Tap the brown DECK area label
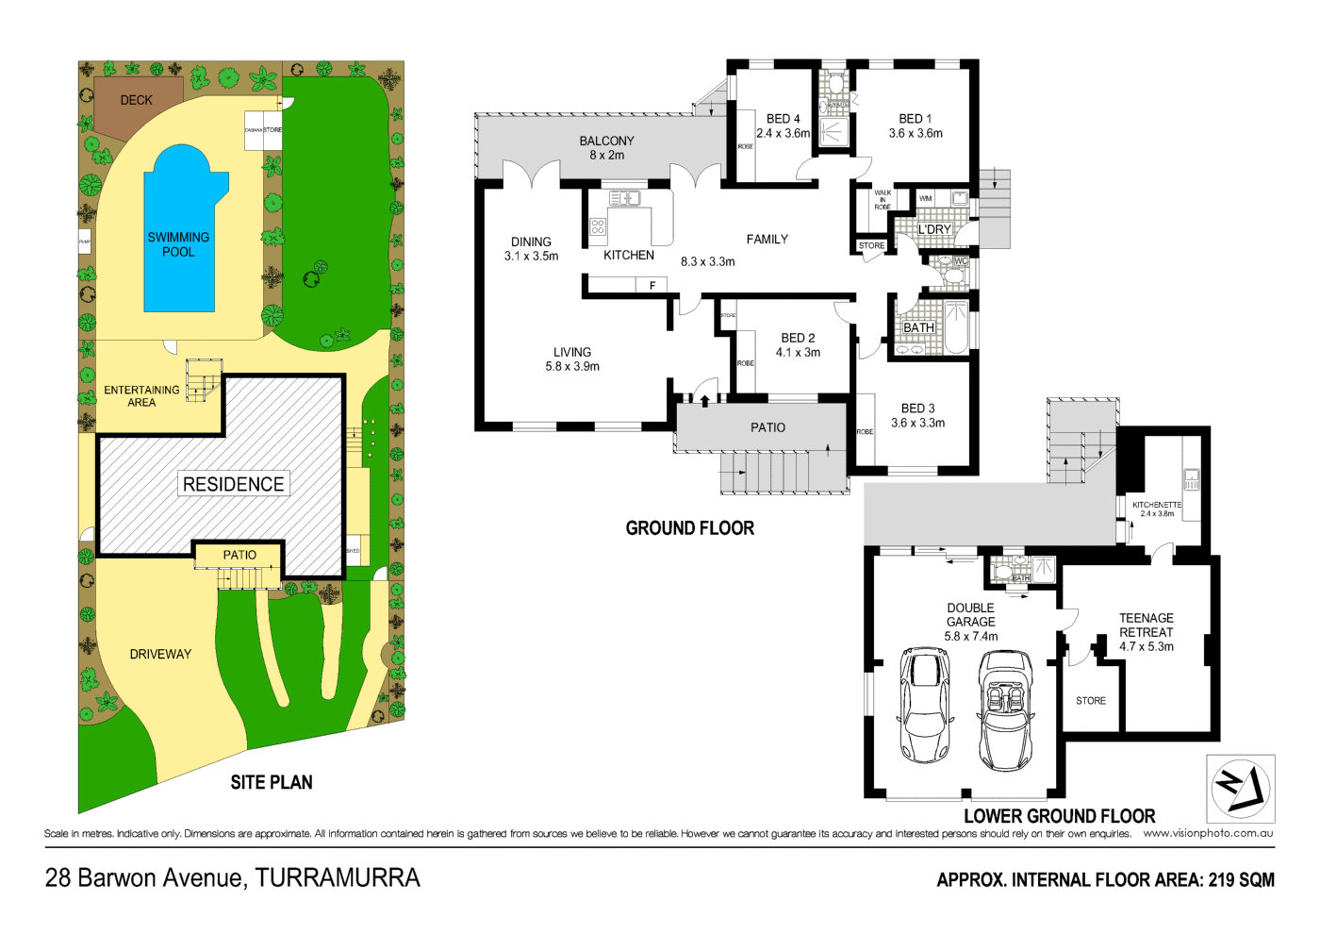pyautogui.click(x=136, y=100)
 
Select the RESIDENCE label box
pyautogui.click(x=233, y=484)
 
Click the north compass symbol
pyautogui.click(x=1240, y=788)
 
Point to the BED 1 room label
pyautogui.click(x=915, y=119)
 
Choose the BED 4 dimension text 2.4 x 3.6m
pyautogui.click(x=783, y=134)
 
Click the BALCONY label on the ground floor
pyautogui.click(x=606, y=142)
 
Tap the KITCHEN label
pyautogui.click(x=629, y=256)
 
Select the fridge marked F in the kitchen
pyautogui.click(x=652, y=285)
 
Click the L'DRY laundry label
pyautogui.click(x=934, y=229)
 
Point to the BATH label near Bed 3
pyautogui.click(x=918, y=328)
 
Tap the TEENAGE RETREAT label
pyautogui.click(x=1147, y=625)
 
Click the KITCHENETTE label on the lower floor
pyautogui.click(x=1157, y=505)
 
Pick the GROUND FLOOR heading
pyautogui.click(x=690, y=528)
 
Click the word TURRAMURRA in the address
pyautogui.click(x=338, y=878)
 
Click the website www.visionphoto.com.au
pyautogui.click(x=1208, y=833)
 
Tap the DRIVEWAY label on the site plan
pyautogui.click(x=160, y=654)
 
